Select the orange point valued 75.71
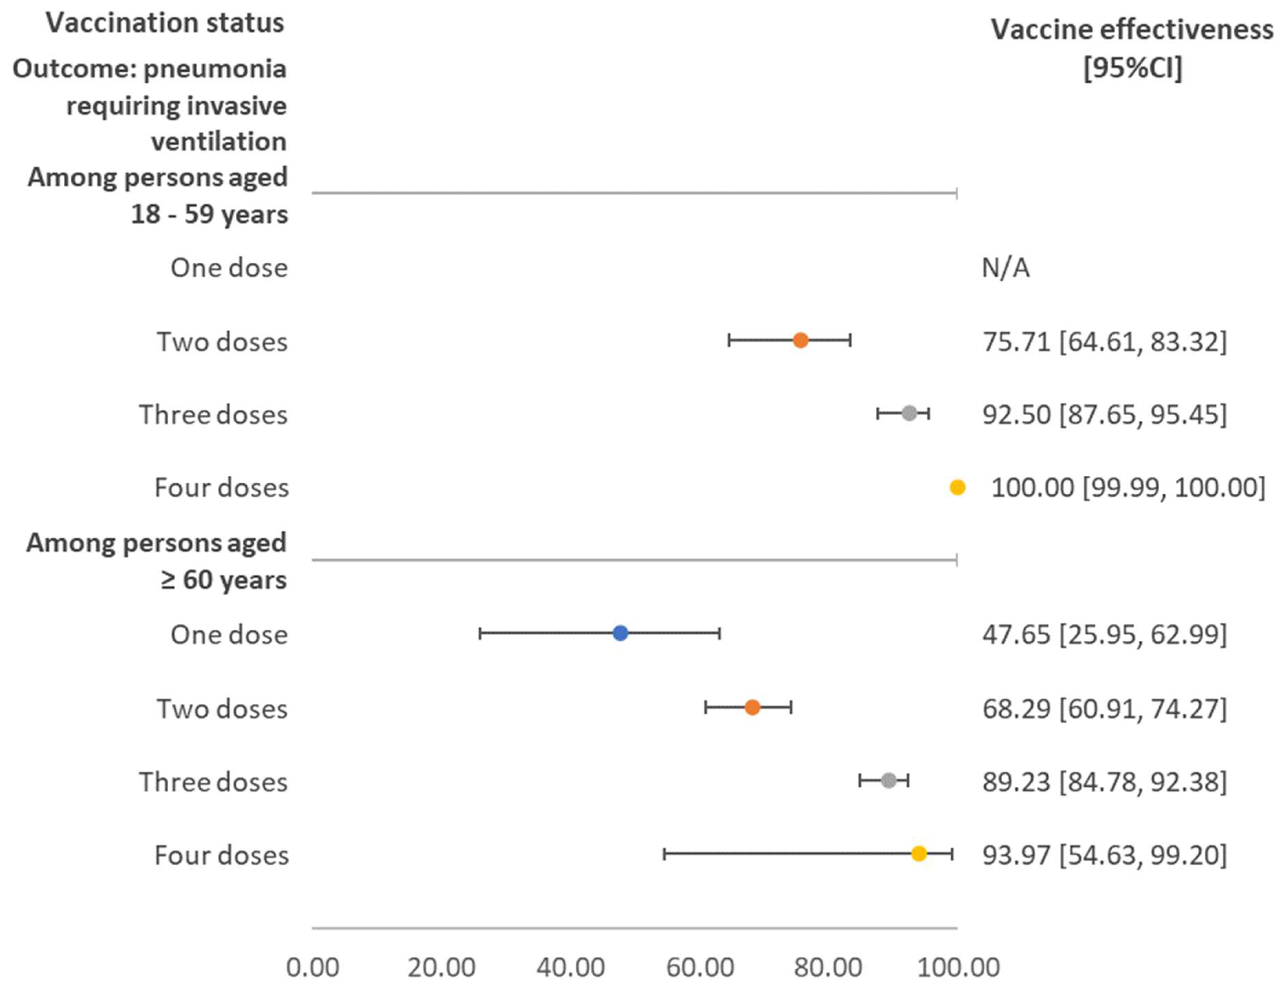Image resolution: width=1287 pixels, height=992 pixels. pyautogui.click(x=800, y=340)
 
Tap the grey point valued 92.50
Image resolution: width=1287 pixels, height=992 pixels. pyautogui.click(x=909, y=413)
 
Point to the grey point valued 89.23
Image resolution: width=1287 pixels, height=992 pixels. pyautogui.click(x=888, y=781)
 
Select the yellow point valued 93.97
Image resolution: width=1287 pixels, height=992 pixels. pyautogui.click(x=919, y=853)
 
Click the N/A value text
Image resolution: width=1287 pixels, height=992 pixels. pyautogui.click(x=1005, y=268)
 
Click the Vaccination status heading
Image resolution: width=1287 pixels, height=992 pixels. pyautogui.click(x=165, y=23)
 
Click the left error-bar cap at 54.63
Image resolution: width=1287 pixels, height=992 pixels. pyautogui.click(x=664, y=853)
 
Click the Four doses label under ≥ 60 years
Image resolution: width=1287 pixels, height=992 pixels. pyautogui.click(x=221, y=855)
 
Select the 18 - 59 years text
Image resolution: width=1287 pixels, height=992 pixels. pyautogui.click(x=209, y=214)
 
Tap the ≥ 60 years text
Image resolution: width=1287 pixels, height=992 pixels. pyautogui.click(x=223, y=580)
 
